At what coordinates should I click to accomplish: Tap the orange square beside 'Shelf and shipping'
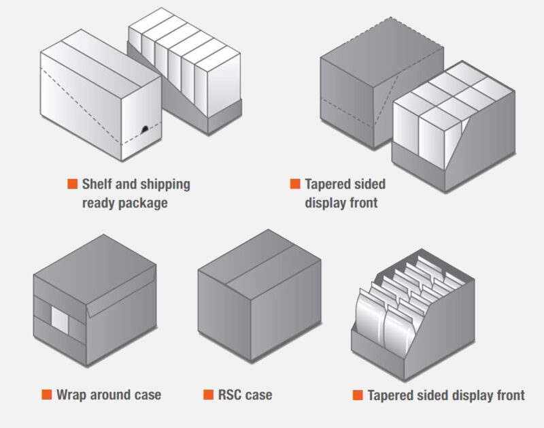coord(72,184)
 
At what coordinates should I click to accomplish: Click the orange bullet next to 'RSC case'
coord(207,394)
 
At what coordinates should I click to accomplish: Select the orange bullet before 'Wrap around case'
coord(46,394)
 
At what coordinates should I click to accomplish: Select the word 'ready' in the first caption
coord(100,203)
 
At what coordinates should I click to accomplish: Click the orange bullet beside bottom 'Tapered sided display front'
coord(358,395)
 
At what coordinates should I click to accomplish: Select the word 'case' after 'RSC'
coord(259,394)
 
